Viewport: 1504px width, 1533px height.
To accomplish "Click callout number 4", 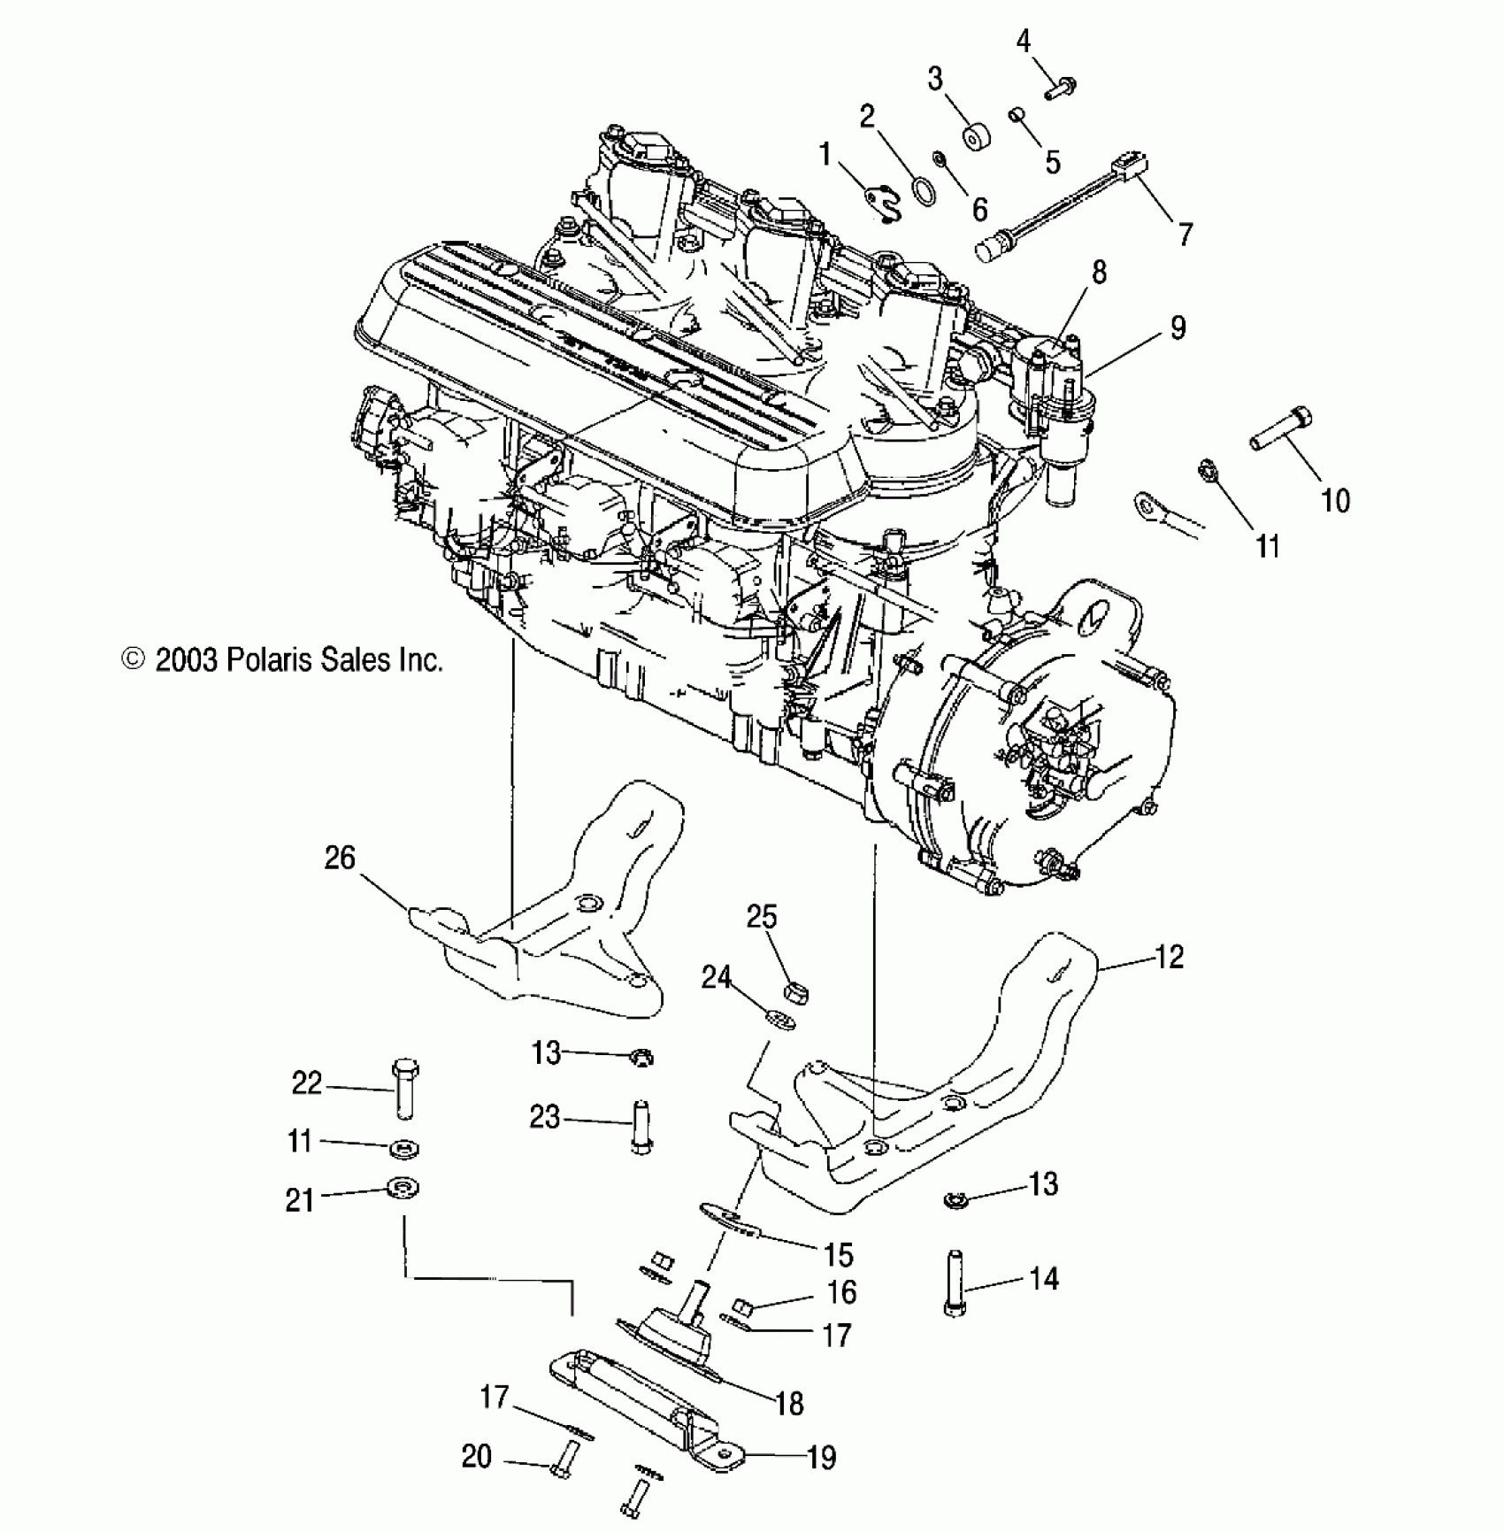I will (x=1024, y=42).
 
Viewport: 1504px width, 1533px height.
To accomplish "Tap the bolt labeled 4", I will (x=1060, y=89).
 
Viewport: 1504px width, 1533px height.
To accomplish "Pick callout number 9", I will (x=1178, y=327).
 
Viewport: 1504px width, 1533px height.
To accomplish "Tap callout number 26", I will (x=340, y=858).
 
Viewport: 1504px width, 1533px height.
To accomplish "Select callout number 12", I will (x=1169, y=957).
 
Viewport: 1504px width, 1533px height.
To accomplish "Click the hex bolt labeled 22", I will (x=404, y=1088).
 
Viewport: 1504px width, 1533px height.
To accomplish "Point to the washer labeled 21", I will (x=404, y=1189).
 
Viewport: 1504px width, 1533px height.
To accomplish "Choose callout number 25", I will (x=761, y=916).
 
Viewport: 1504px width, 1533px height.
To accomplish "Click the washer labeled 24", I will (x=780, y=1020).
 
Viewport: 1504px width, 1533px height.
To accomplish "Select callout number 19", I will (x=822, y=1457).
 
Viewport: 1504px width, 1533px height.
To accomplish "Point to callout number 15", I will (x=838, y=1254).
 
